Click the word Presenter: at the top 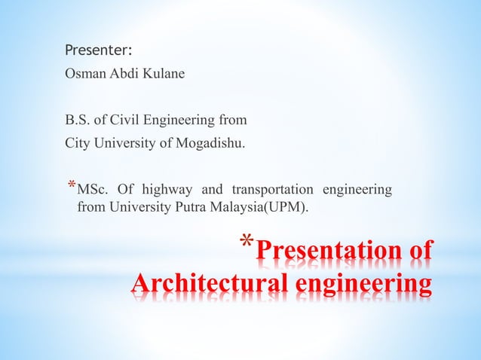pos(98,51)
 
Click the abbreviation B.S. pos(77,119)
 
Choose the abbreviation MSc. pos(93,190)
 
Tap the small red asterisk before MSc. pos(71,185)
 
